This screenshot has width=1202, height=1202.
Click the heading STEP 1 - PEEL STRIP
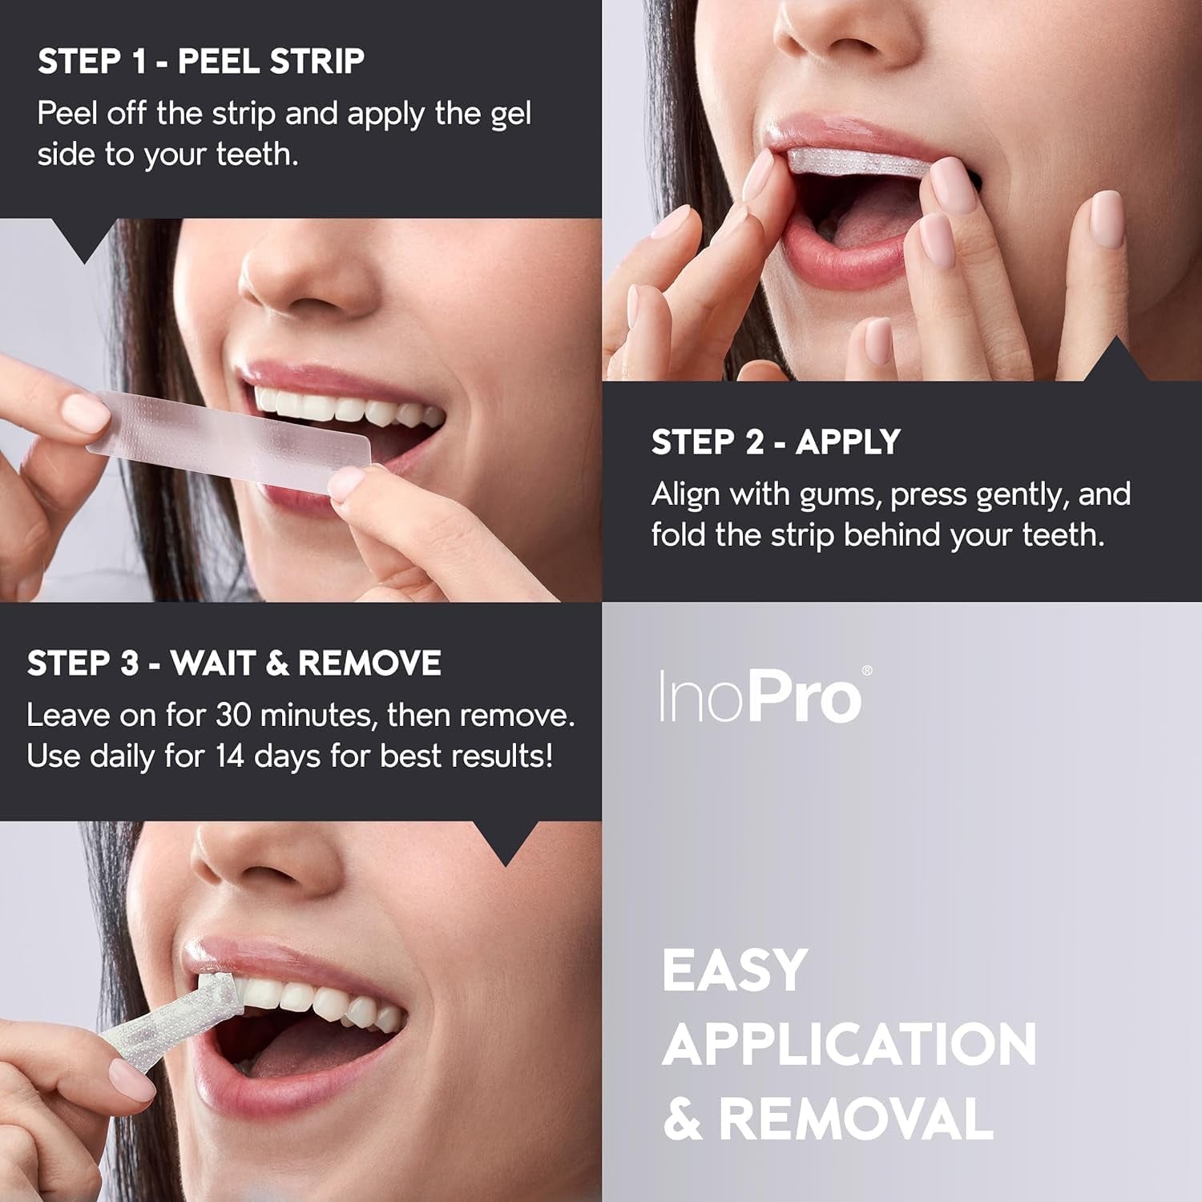point(200,62)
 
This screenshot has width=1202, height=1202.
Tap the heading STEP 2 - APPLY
point(775,442)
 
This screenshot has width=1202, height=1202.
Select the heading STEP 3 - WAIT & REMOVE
point(234,664)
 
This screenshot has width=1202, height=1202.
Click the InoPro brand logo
point(760,697)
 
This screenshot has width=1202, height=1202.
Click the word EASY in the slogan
point(734,970)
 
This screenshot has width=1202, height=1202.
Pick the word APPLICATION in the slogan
point(849,1044)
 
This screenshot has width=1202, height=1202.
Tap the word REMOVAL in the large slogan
point(855,1119)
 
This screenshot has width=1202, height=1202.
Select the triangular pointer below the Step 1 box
point(83,240)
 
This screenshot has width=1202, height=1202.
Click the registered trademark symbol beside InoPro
point(866,672)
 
